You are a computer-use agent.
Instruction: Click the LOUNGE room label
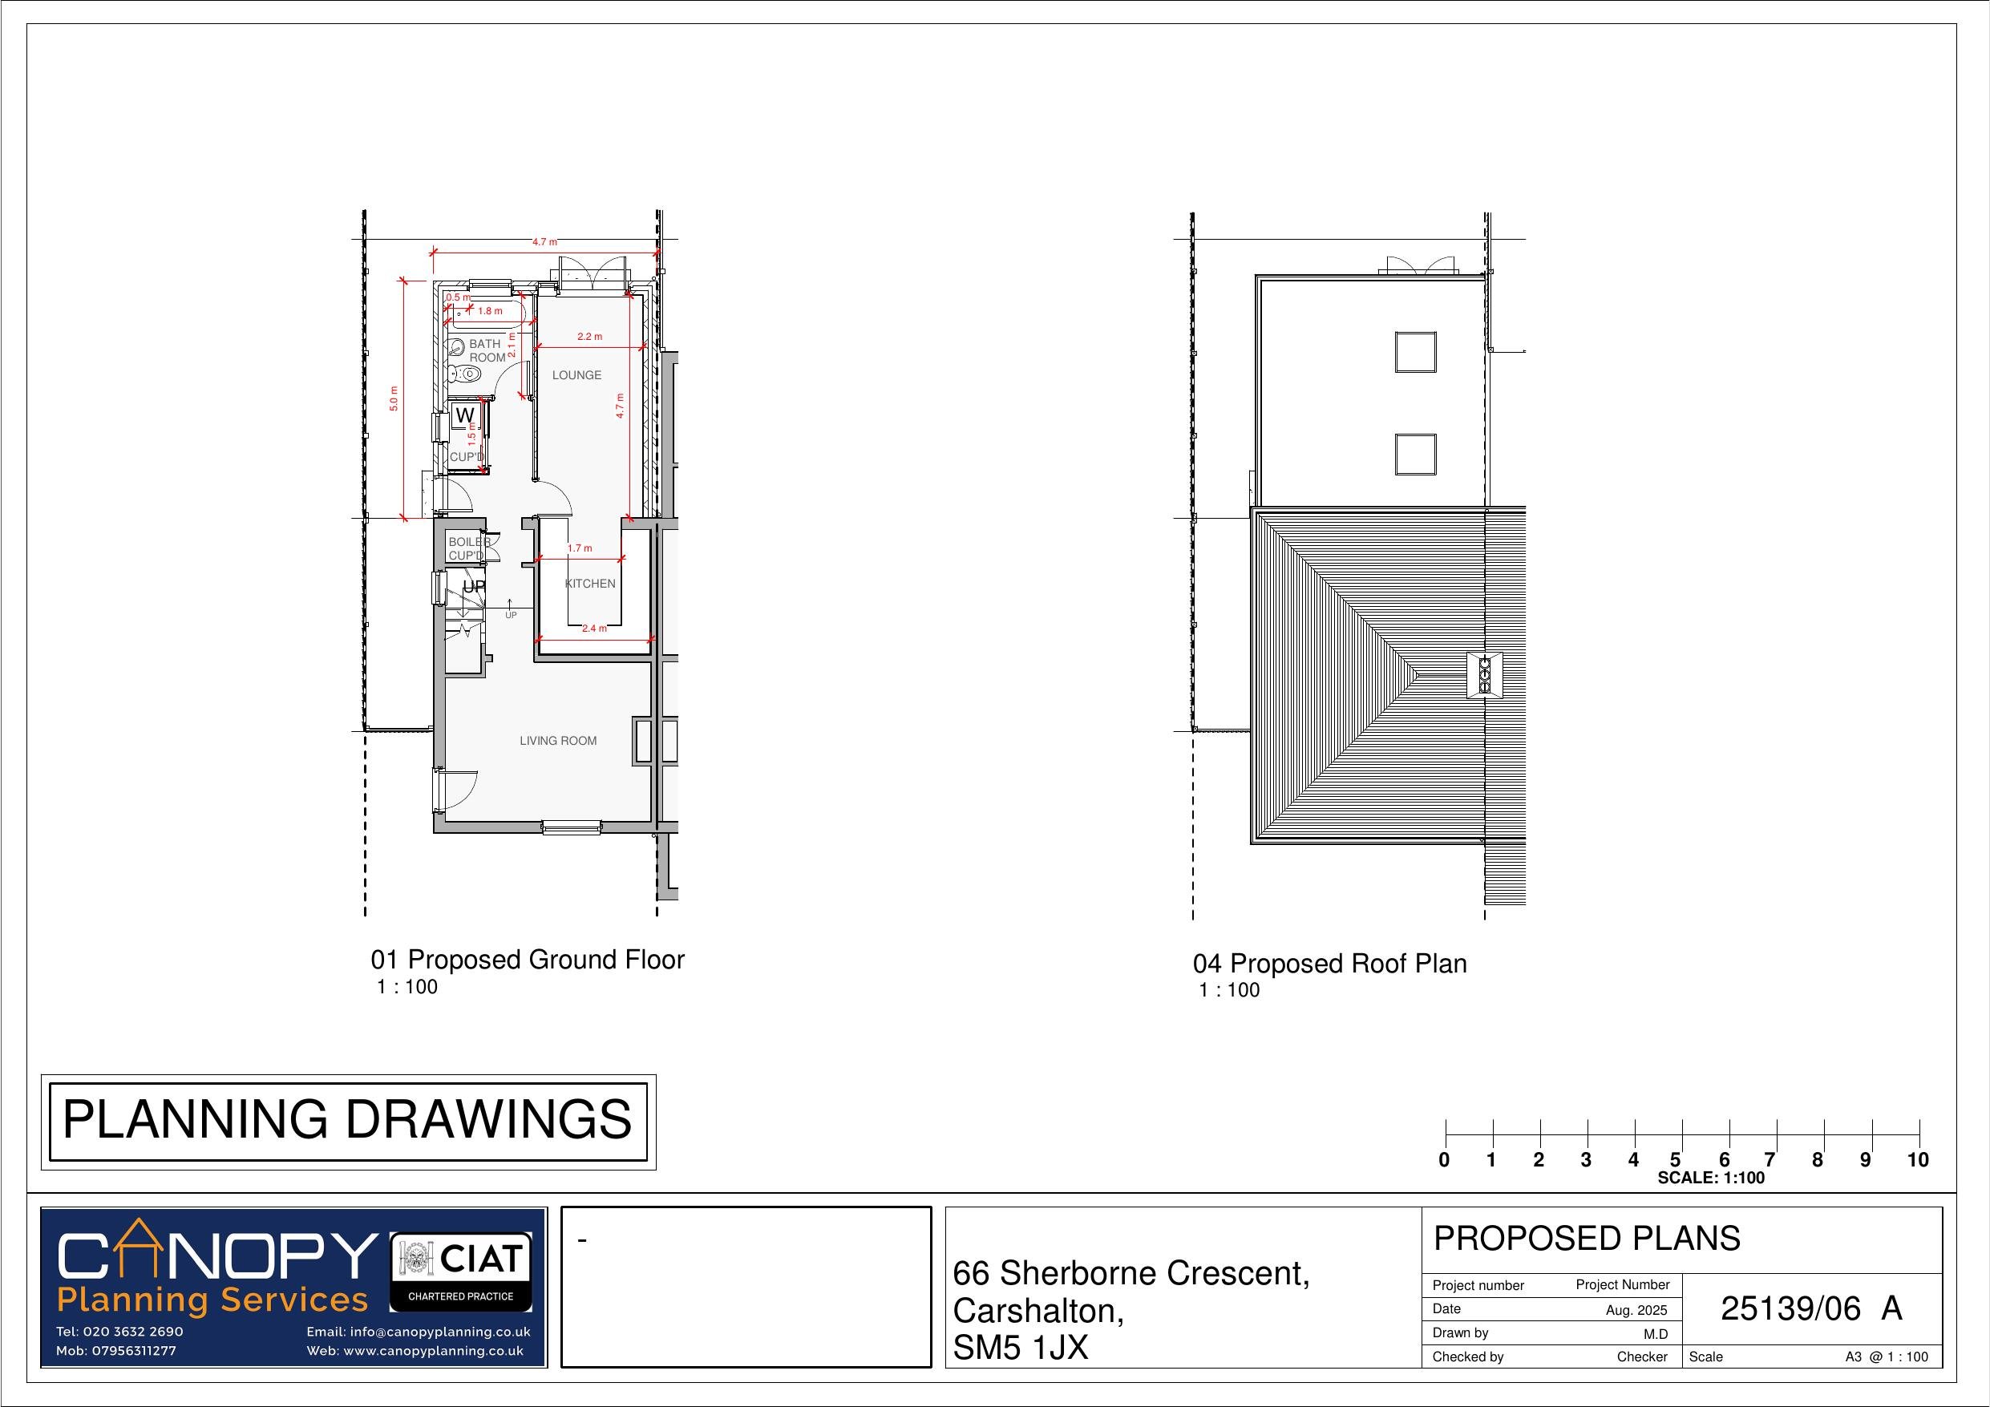(x=576, y=375)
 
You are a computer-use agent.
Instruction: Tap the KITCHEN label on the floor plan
(x=590, y=584)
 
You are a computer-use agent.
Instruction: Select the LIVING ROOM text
(x=558, y=740)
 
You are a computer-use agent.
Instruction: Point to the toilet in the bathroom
(x=467, y=374)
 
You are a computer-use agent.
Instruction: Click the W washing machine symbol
(x=464, y=416)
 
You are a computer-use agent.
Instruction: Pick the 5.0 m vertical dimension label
(x=394, y=398)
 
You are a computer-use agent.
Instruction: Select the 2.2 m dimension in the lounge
(x=589, y=337)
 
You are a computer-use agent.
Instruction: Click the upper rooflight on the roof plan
(x=1414, y=352)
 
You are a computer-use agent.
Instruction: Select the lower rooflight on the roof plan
(x=1414, y=455)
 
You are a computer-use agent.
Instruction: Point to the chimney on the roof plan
(x=1484, y=674)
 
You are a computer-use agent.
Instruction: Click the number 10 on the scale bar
(x=1917, y=1160)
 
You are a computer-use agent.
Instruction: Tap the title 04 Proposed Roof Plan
(x=1329, y=964)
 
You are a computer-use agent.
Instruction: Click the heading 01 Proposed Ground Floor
(x=527, y=960)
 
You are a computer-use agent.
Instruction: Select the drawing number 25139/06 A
(x=1810, y=1309)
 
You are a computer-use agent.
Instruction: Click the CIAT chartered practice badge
(x=461, y=1272)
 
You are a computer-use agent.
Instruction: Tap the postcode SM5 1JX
(x=1020, y=1347)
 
